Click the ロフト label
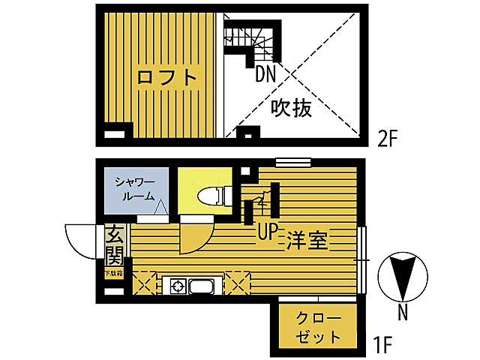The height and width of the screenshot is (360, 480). pos(167,77)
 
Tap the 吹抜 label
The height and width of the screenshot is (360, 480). pos(291,109)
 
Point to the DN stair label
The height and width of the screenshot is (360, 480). pos(265,73)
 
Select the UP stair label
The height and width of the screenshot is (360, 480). pos(268,232)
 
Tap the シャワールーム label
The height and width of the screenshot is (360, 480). pos(134,189)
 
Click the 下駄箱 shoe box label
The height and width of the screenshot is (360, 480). pos(112,274)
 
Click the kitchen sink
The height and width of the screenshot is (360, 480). pos(202,286)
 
